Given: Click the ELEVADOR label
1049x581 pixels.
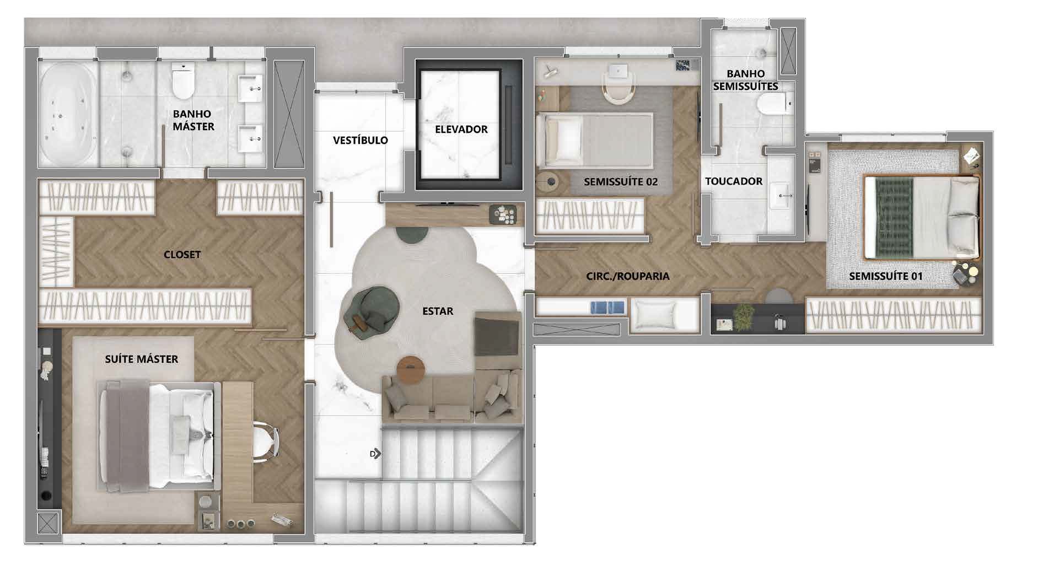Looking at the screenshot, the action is tap(461, 130).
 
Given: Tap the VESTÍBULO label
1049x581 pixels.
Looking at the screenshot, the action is tap(361, 140).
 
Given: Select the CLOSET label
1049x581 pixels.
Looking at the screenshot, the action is tap(182, 255).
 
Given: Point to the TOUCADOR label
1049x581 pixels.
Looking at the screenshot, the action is tap(734, 181).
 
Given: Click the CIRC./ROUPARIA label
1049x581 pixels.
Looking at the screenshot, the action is tap(628, 276).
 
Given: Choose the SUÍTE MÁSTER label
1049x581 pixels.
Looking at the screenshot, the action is tap(142, 359).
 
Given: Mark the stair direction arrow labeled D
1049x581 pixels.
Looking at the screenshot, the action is tap(375, 454).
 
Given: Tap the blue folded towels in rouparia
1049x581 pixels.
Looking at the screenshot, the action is tap(608, 307).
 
